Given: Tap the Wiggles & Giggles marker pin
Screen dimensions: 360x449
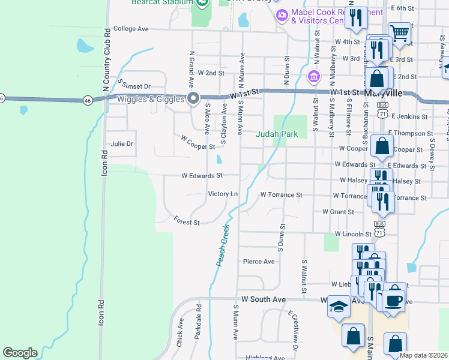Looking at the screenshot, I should [193, 98].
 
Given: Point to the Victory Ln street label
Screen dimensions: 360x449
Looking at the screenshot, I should [223, 194].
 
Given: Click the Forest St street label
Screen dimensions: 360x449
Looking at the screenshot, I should [187, 222].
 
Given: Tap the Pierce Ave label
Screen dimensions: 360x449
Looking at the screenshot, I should [259, 262].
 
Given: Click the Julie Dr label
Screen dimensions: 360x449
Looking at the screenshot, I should [122, 144].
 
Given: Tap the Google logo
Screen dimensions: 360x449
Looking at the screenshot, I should [20, 353].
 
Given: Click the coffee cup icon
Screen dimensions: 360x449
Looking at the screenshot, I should [394, 301].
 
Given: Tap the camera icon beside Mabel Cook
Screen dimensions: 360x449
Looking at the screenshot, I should [280, 14].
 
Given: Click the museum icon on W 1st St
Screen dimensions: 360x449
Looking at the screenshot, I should [313, 77].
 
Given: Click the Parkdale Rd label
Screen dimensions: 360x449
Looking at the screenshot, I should [197, 329].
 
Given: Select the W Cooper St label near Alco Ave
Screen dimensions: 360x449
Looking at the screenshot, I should [198, 142].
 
